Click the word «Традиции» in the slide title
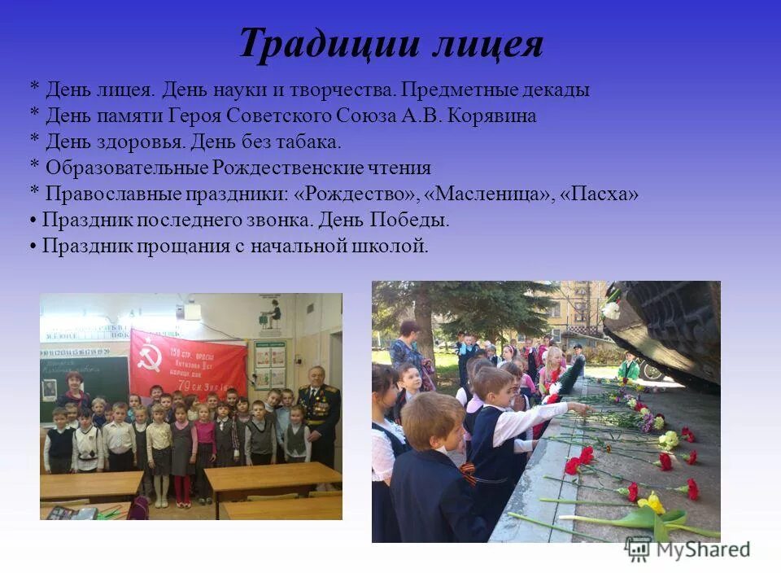(x=321, y=45)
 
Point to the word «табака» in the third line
(x=307, y=142)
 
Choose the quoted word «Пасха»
(x=600, y=194)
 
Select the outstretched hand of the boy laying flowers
(x=579, y=406)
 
